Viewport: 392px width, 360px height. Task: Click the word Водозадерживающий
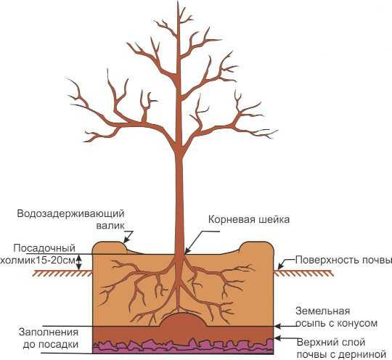[x=70, y=214]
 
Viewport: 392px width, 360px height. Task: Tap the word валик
[x=110, y=226]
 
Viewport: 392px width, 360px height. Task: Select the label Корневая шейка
[x=249, y=220]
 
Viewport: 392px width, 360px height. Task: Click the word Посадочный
[x=44, y=248]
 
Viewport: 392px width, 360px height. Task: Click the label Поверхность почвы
[x=343, y=261]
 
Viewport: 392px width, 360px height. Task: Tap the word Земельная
[x=323, y=311]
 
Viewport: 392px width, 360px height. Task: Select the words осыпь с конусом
[x=337, y=324]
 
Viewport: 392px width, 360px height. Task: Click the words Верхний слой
[x=331, y=343]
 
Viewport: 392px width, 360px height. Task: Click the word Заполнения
[x=49, y=332]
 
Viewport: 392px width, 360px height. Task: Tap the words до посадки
[x=51, y=345]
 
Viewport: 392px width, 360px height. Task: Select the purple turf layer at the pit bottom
[x=183, y=347]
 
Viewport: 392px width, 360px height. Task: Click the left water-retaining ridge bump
[x=109, y=247]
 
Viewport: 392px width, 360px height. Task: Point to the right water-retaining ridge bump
[x=256, y=247]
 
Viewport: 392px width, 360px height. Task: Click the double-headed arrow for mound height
[x=79, y=262]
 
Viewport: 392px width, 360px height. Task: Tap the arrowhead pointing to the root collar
[x=187, y=252]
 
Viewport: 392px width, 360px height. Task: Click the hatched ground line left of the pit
[x=63, y=273]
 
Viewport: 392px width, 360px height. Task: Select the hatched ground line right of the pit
[x=303, y=273]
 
